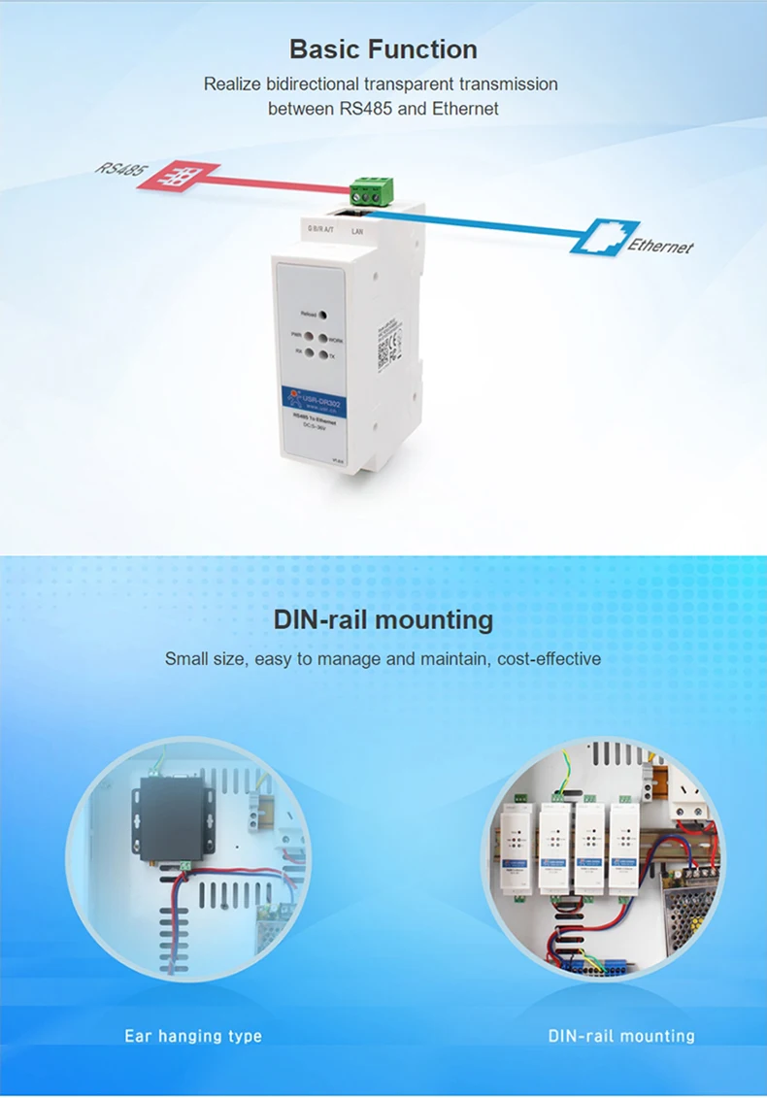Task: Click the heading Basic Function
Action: pyautogui.click(x=383, y=50)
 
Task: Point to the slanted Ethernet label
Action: pyautogui.click(x=660, y=246)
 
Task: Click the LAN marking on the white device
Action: pyautogui.click(x=358, y=232)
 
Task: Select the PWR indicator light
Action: pyautogui.click(x=310, y=336)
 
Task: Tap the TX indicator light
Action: pyautogui.click(x=321, y=356)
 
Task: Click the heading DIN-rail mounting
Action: pyautogui.click(x=383, y=619)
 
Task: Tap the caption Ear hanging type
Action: pyautogui.click(x=193, y=1036)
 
